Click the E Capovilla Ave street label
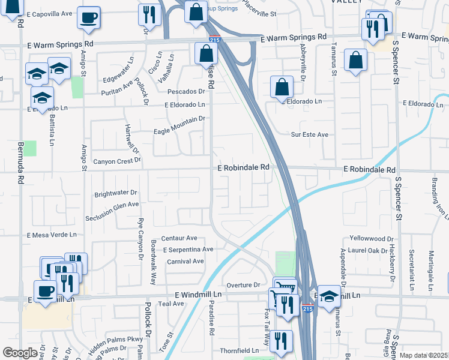coord(50,14)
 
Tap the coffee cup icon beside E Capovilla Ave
coord(89,18)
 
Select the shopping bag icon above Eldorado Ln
coord(282,88)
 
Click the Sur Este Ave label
coord(309,135)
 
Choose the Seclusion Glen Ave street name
coord(112,204)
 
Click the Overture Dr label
coord(243,284)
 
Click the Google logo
coord(20,353)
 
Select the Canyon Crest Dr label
coord(116,161)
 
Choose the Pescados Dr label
coord(186,92)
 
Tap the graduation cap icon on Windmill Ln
coord(328,296)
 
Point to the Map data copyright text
coord(424,355)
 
